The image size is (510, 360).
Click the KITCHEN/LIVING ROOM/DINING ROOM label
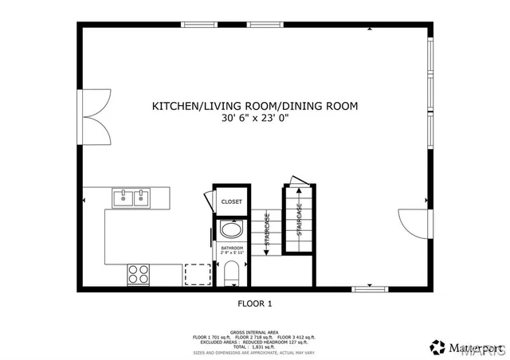click(255, 105)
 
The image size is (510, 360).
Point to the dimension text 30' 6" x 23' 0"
click(255, 118)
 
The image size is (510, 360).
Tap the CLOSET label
click(231, 202)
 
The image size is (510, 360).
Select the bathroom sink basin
click(232, 232)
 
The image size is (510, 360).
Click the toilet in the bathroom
click(232, 273)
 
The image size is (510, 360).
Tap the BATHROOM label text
click(232, 249)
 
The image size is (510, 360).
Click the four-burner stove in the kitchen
click(139, 273)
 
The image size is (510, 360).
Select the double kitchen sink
click(131, 198)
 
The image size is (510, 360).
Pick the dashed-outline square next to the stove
click(197, 273)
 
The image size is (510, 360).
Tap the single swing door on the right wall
click(411, 221)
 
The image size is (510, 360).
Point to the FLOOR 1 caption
click(255, 303)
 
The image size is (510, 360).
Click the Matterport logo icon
click(437, 346)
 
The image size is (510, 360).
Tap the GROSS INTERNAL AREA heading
click(255, 331)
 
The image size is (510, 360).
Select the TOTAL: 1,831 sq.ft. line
click(255, 347)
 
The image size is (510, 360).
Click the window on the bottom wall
click(369, 287)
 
